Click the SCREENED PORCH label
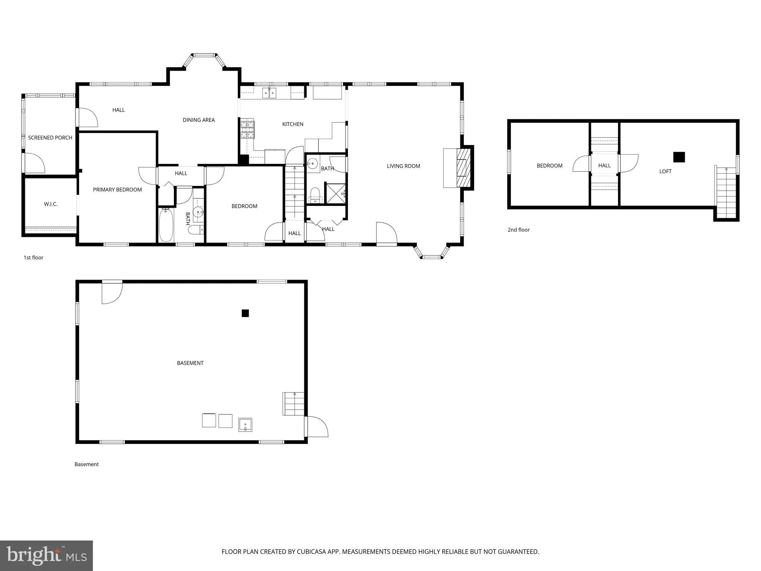[50, 138]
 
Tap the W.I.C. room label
[51, 204]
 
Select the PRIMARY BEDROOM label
[117, 190]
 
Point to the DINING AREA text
[199, 120]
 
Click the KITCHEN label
[293, 124]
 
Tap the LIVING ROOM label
[403, 166]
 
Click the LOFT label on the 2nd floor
[665, 171]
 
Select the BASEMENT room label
[190, 363]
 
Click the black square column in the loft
[679, 157]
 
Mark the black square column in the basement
[245, 313]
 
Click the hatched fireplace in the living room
[463, 168]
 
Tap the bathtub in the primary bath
[166, 225]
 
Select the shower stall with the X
[336, 193]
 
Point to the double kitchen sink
[269, 93]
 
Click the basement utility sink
[245, 425]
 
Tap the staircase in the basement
[294, 404]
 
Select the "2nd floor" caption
[518, 230]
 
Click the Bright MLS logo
[46, 555]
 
